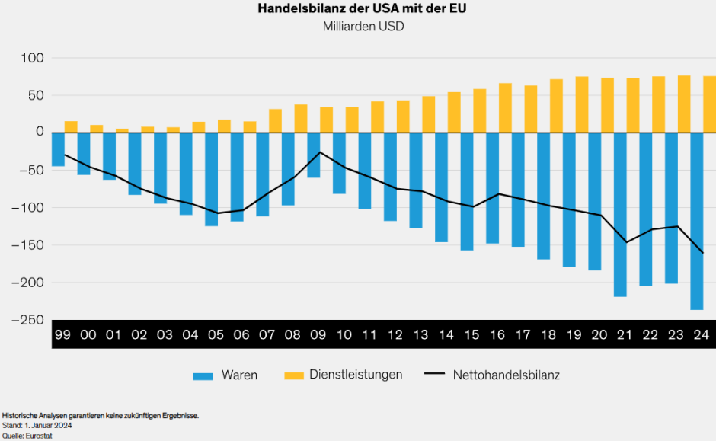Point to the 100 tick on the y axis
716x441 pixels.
tap(31, 59)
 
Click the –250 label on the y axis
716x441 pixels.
tap(27, 320)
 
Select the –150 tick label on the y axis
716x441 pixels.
tap(27, 245)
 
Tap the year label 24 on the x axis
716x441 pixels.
tap(702, 334)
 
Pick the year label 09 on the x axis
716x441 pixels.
tap(319, 334)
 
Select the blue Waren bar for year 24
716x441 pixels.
tap(696, 221)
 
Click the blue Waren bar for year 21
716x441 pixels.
tap(620, 214)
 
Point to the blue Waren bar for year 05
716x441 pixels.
tap(211, 179)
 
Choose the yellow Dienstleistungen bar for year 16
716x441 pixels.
tap(505, 107)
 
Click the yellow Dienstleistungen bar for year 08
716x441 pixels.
tap(301, 118)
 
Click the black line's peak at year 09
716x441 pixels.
tap(319, 152)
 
